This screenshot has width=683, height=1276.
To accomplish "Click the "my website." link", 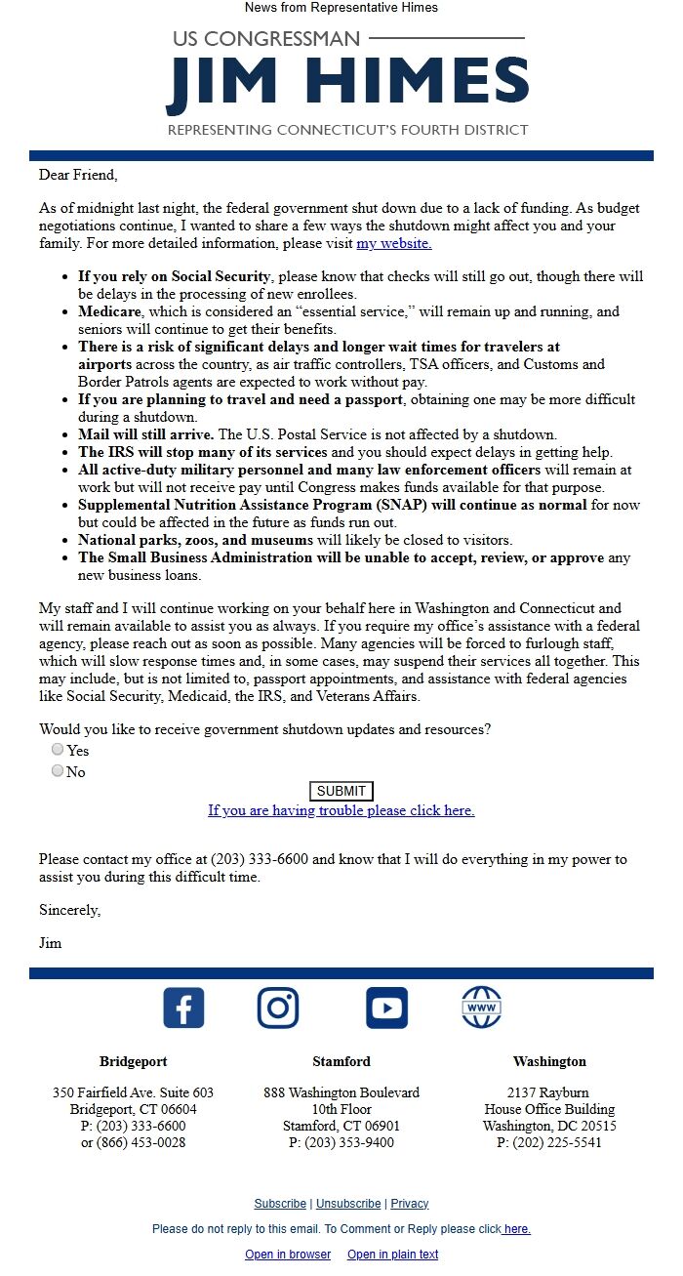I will [393, 243].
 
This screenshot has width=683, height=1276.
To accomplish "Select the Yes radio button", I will [58, 750].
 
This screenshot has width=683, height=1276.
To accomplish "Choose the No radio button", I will [58, 771].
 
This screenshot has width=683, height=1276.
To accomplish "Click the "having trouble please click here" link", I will [341, 810].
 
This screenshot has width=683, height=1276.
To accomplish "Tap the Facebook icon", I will [183, 1008].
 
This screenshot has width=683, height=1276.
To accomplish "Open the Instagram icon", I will [278, 1008].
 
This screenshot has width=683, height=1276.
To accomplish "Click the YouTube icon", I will [386, 1008].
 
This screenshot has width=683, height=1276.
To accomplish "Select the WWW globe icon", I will [481, 1008].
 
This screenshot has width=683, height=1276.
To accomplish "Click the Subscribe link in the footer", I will [280, 1204].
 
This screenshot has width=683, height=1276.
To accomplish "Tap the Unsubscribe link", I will [348, 1204].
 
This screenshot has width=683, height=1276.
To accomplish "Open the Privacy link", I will [410, 1204].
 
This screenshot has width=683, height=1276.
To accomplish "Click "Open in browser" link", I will [288, 1255].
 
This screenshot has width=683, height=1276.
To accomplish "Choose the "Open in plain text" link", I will [392, 1255].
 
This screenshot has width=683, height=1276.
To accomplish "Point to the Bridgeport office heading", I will [133, 1061].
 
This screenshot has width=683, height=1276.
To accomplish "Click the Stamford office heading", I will [341, 1061].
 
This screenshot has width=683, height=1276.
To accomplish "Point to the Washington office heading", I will [549, 1061].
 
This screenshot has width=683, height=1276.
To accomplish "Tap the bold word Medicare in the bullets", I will [109, 312].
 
